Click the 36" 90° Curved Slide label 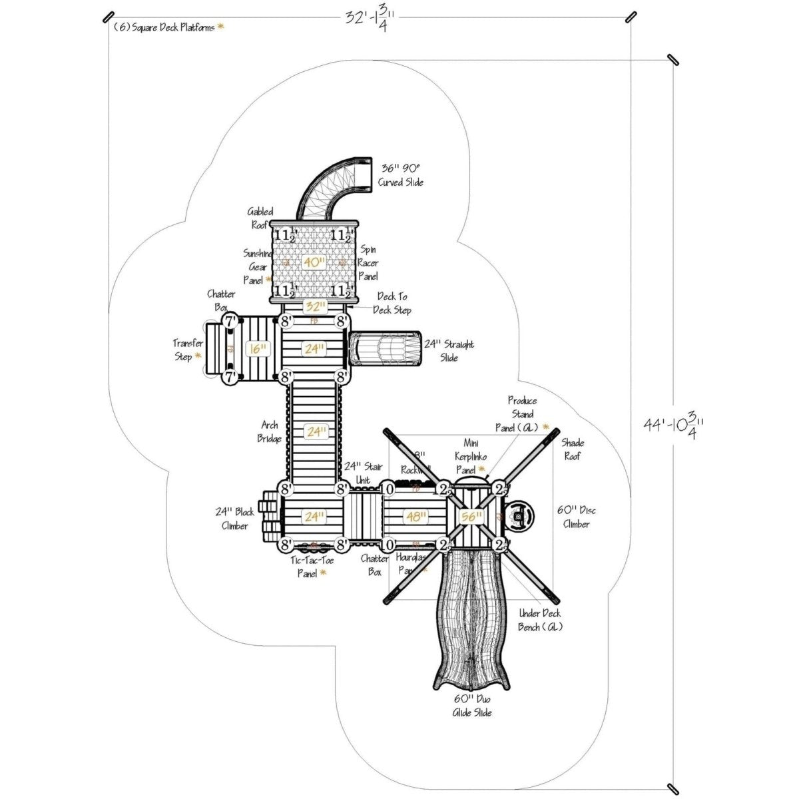(x=401, y=175)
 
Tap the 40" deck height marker (x=313, y=262)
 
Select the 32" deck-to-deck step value (x=314, y=307)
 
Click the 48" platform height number (x=415, y=516)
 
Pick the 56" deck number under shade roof (x=471, y=516)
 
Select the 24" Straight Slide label (x=449, y=351)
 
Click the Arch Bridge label (x=270, y=431)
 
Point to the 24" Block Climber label (x=235, y=519)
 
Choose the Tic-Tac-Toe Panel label (x=312, y=566)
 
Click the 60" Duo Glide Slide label (x=472, y=706)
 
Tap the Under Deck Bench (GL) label (x=540, y=620)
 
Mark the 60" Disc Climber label (x=576, y=517)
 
